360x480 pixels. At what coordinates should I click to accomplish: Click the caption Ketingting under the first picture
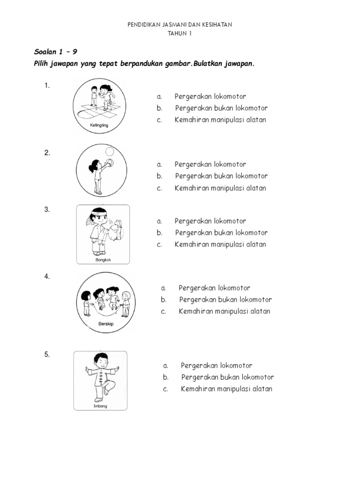99,126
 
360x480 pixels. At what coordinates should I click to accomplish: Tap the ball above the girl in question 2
109,151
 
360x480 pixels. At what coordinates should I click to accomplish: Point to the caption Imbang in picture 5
100,406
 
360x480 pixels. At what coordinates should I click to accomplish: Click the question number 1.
47,85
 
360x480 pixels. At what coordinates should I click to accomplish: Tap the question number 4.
47,277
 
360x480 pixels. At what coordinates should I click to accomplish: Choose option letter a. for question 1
159,97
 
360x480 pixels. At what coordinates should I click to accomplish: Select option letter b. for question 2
160,176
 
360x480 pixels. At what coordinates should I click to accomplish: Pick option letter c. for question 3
159,244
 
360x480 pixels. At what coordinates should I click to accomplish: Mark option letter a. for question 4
163,288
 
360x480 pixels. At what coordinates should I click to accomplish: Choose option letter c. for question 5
165,389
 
